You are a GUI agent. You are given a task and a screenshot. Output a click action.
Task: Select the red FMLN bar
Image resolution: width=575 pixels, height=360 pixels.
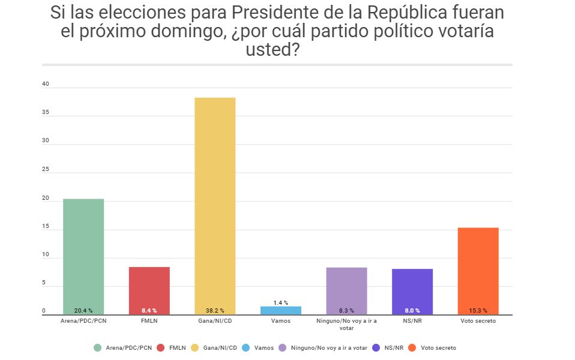[x=149, y=290]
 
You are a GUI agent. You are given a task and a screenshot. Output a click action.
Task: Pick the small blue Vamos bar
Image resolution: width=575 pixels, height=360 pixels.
[x=281, y=310]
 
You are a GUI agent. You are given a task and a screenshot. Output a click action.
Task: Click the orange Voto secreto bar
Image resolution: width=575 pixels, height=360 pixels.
[x=478, y=271]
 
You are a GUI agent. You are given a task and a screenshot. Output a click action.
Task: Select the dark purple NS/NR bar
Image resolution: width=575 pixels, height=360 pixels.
[x=412, y=292]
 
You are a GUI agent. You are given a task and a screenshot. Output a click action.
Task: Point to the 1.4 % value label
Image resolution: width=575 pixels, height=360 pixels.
[x=281, y=303]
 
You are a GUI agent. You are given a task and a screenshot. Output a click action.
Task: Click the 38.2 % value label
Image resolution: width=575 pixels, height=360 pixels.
[x=215, y=311]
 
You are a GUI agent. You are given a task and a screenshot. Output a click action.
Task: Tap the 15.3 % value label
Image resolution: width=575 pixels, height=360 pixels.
[x=478, y=311]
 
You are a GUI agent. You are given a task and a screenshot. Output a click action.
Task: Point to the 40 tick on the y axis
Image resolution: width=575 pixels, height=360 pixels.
[x=45, y=85]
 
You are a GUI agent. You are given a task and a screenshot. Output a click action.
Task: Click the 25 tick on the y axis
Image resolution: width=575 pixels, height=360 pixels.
[x=45, y=170]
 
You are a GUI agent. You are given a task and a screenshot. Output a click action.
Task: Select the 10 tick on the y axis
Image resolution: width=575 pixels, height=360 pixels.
[x=45, y=254]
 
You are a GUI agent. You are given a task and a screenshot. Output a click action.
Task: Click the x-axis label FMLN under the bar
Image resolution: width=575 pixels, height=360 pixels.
[x=149, y=321]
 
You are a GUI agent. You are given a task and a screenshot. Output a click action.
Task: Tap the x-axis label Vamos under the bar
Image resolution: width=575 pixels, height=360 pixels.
[x=281, y=321]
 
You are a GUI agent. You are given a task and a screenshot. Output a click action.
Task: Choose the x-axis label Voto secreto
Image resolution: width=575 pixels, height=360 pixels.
[x=478, y=321]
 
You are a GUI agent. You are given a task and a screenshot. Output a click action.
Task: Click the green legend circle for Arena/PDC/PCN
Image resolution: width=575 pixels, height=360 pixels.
[x=98, y=347]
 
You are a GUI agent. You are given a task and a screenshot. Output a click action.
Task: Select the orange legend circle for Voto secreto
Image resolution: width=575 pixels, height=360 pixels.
[x=412, y=347]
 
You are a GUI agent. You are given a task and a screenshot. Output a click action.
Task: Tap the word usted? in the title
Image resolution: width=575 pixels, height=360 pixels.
[x=272, y=50]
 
